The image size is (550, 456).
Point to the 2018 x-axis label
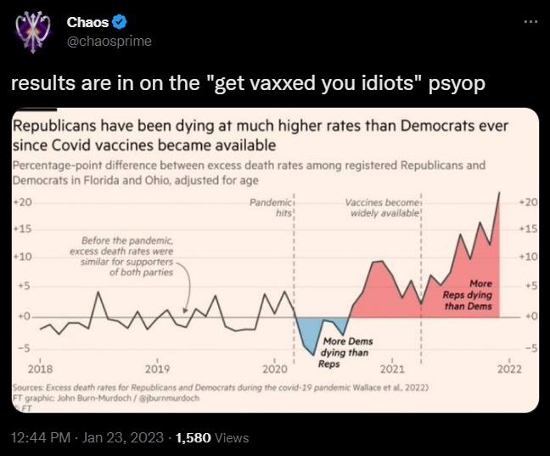(40, 369)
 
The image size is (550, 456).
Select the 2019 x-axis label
(158, 369)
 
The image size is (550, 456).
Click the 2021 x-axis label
(391, 369)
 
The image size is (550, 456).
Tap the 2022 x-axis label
(508, 369)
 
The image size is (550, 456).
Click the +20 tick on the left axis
(23, 202)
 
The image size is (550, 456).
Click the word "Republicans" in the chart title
(55, 126)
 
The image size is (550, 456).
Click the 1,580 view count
(193, 437)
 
